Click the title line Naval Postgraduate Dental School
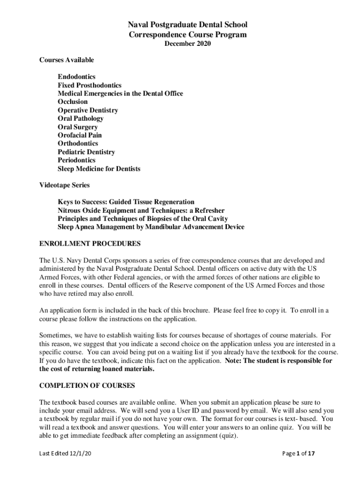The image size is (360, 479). click(188, 25)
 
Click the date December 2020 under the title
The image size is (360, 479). click(188, 44)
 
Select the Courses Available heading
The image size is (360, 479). click(66, 60)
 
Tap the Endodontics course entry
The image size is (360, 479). click(77, 76)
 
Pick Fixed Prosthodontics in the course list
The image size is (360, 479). click(89, 85)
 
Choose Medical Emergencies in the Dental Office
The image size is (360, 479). click(120, 94)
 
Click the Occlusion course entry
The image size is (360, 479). click(72, 102)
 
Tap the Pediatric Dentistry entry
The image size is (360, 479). click(86, 152)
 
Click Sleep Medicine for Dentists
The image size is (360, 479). click(99, 168)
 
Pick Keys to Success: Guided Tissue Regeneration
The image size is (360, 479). click(126, 202)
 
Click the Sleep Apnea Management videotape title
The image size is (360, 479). click(151, 227)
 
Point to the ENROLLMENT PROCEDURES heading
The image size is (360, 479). click(90, 244)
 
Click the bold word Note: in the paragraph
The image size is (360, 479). click(234, 361)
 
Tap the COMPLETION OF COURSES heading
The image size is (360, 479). click(87, 385)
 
